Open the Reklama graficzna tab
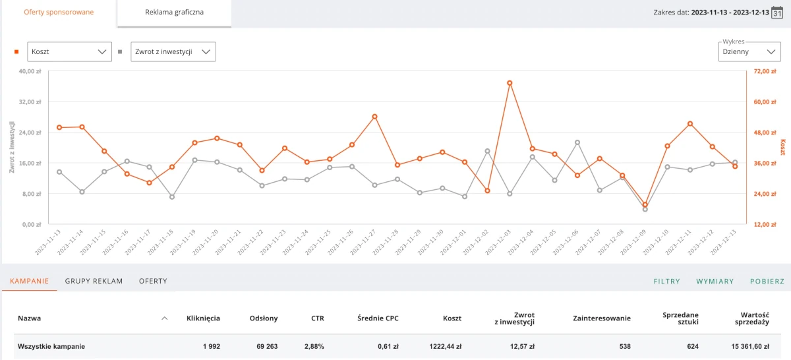[174, 13]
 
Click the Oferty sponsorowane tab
[59, 13]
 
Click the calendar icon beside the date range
[777, 13]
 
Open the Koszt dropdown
[69, 51]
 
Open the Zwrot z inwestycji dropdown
[173, 51]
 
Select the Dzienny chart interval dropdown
[749, 51]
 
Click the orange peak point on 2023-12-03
[510, 83]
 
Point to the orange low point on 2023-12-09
[645, 205]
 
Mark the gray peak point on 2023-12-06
[577, 142]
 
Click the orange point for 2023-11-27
[374, 117]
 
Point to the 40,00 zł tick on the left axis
[30, 71]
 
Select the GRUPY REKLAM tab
[94, 281]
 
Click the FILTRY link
[666, 282]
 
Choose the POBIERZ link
[767, 282]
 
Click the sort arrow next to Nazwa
[164, 318]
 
